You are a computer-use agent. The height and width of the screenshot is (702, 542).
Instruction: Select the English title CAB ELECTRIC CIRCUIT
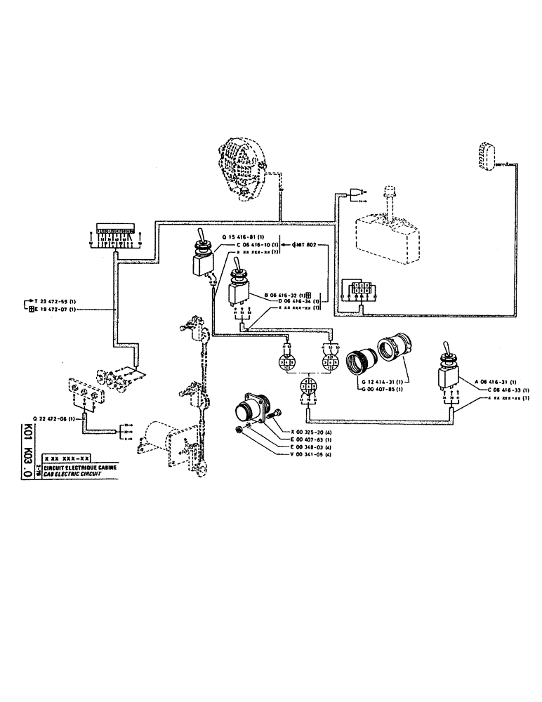pos(74,473)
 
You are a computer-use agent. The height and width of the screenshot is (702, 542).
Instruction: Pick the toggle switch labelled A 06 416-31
pos(447,369)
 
